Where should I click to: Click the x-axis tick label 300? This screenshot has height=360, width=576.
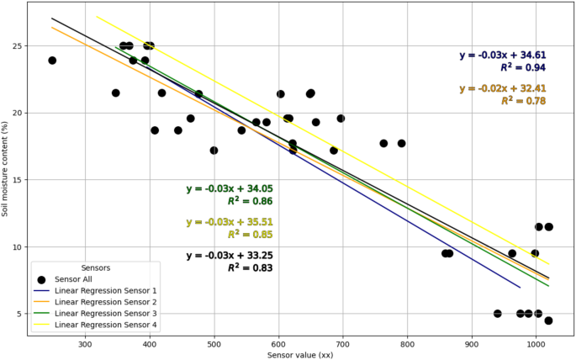pyautogui.click(x=85, y=343)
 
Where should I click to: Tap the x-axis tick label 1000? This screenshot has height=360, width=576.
pyautogui.click(x=536, y=343)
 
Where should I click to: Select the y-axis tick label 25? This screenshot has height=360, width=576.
pyautogui.click(x=17, y=45)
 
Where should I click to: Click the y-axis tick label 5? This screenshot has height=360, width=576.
pyautogui.click(x=19, y=314)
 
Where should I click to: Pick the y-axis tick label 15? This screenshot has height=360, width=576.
pyautogui.click(x=17, y=180)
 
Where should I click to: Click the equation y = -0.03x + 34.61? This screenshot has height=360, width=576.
pyautogui.click(x=503, y=56)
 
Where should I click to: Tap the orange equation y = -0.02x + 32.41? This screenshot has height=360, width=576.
pyautogui.click(x=503, y=88)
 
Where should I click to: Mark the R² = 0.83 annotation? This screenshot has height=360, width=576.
pyautogui.click(x=250, y=267)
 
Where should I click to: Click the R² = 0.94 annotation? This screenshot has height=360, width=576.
pyautogui.click(x=523, y=67)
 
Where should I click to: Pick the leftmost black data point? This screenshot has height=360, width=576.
pyautogui.click(x=52, y=61)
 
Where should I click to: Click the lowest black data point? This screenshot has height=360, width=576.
pyautogui.click(x=548, y=320)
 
